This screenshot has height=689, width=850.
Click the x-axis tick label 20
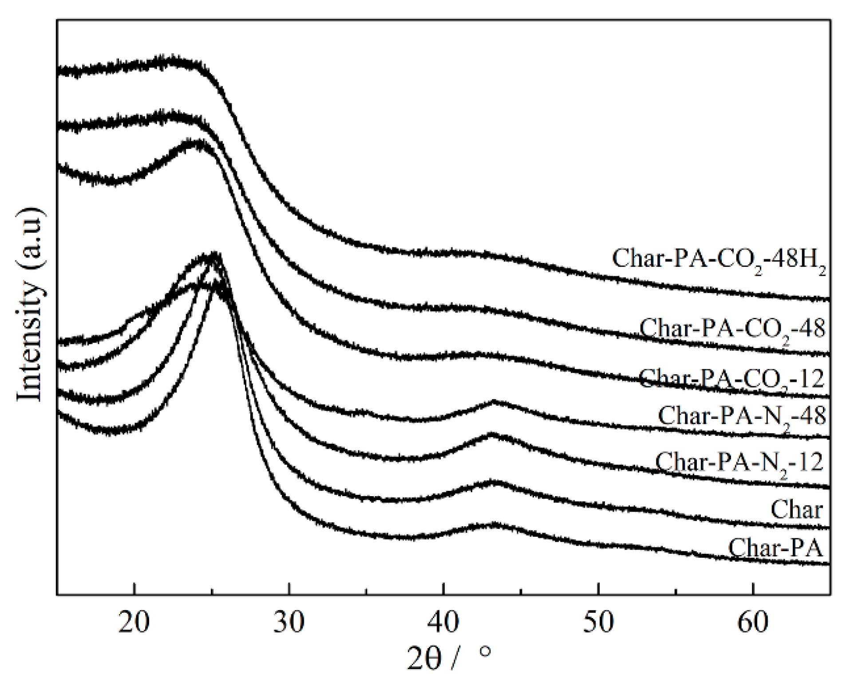(x=134, y=622)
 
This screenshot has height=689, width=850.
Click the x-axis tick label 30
(x=289, y=622)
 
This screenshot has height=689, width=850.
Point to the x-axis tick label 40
(x=443, y=622)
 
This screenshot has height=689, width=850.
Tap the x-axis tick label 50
(x=598, y=622)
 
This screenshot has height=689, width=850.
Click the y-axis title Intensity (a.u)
(x=30, y=305)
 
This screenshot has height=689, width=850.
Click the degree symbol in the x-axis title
(x=486, y=652)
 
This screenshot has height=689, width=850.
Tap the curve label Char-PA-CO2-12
(x=731, y=379)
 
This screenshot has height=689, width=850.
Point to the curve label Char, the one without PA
(x=796, y=509)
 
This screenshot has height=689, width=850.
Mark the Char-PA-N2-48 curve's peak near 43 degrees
(x=493, y=402)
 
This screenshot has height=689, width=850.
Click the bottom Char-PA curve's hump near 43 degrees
(x=493, y=525)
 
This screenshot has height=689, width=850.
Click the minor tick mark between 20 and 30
(x=211, y=591)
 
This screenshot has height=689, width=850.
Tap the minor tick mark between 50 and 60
(x=675, y=591)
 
